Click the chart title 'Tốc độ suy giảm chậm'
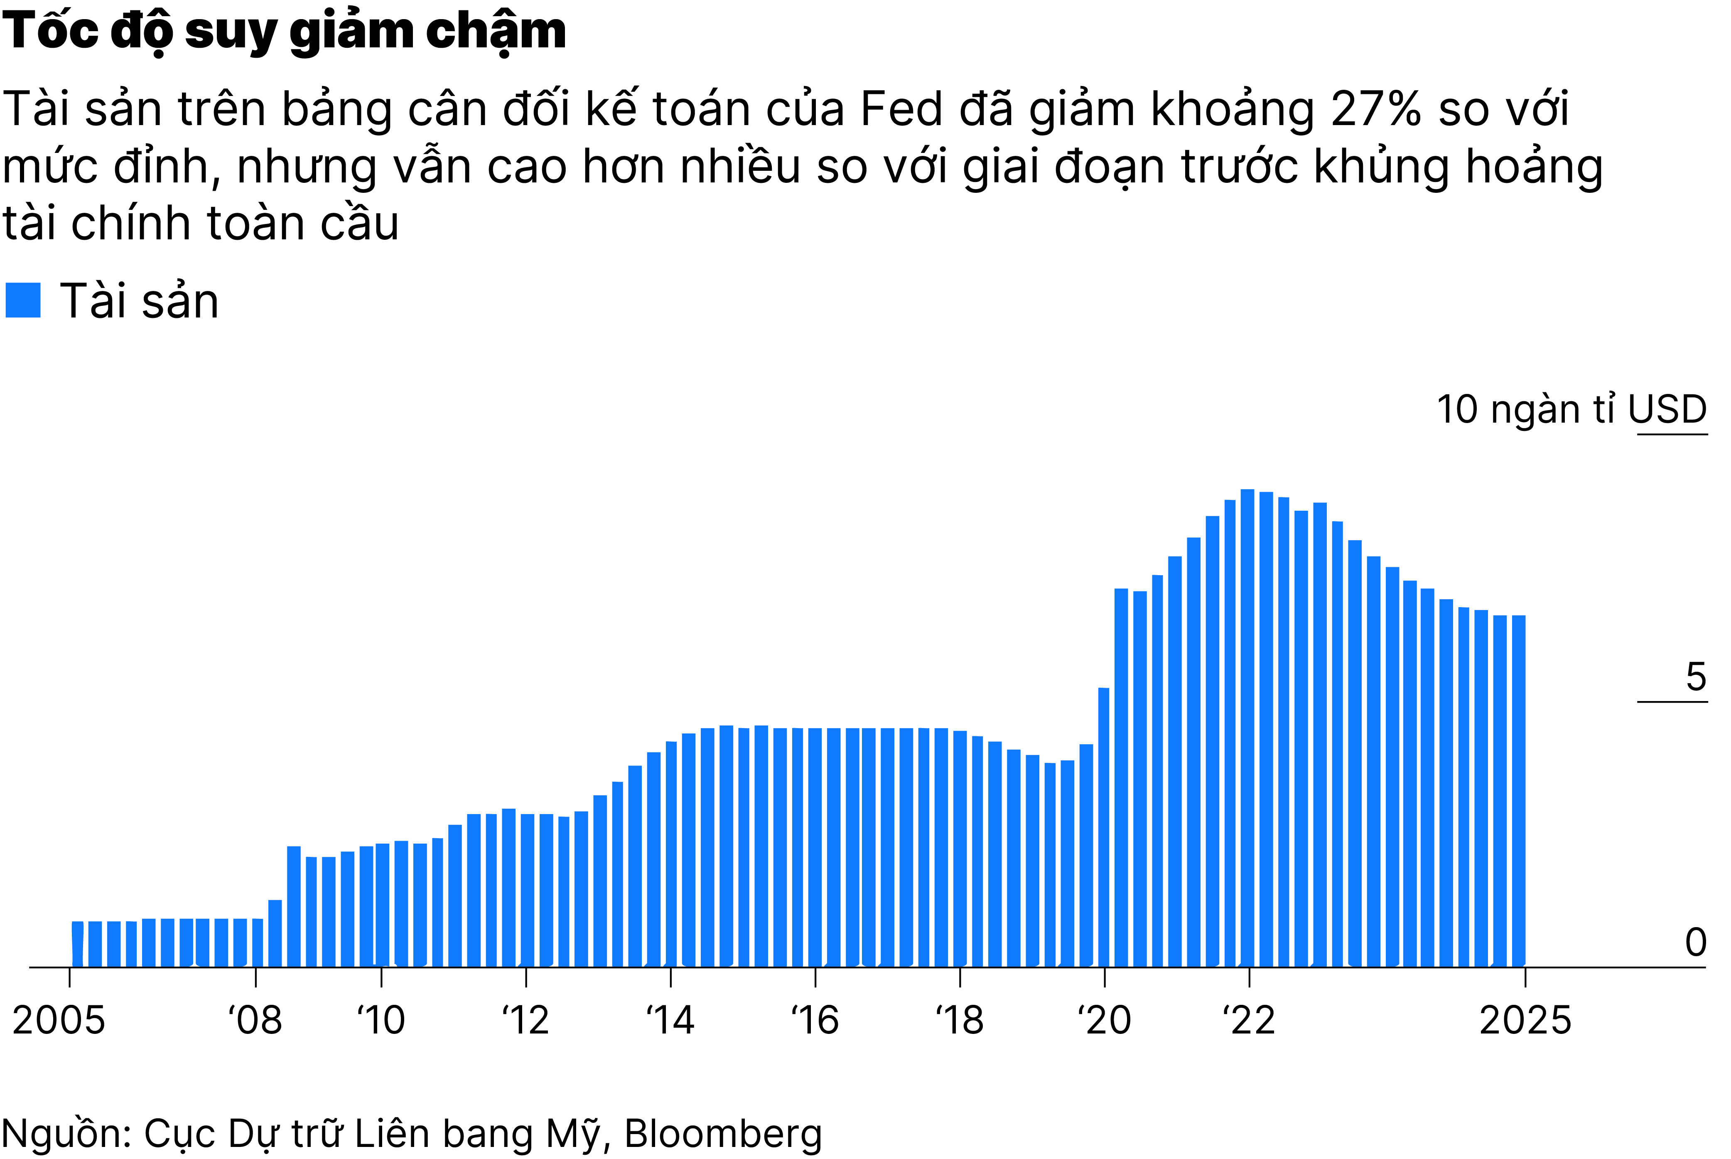pos(285,31)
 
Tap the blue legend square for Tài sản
pos(23,300)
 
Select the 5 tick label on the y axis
pos(1696,677)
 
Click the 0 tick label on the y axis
pos(1696,942)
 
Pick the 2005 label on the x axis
pos(59,1021)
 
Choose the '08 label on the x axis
pos(255,1021)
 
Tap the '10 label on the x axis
pos(381,1021)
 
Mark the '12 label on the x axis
pos(525,1021)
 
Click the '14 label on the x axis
pos(670,1021)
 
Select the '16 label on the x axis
pos(815,1021)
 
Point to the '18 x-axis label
pos(960,1021)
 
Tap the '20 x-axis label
pos(1105,1021)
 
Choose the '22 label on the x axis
pos(1249,1021)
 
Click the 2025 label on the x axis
pos(1525,1021)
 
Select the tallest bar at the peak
pos(1247,728)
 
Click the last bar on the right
pos(1518,791)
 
